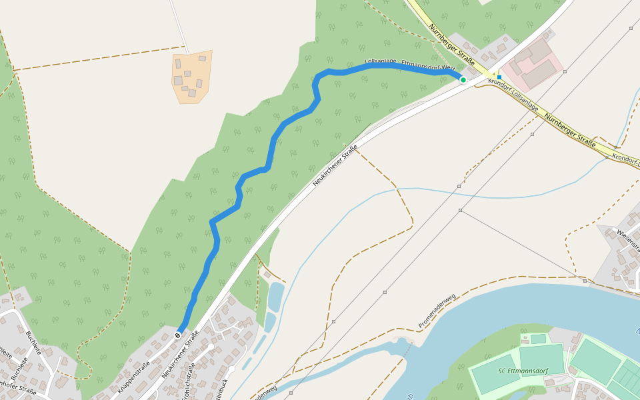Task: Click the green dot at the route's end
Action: click(x=463, y=79)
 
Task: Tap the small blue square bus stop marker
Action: click(x=499, y=77)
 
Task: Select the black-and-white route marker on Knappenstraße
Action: click(x=177, y=335)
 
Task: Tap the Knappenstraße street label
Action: click(x=133, y=377)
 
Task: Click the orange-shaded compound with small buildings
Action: click(x=192, y=77)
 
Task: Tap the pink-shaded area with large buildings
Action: click(x=531, y=67)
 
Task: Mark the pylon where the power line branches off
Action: click(x=460, y=211)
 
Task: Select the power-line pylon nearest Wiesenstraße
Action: click(x=585, y=281)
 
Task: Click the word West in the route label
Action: click(x=447, y=68)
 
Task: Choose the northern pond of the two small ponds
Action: click(x=275, y=295)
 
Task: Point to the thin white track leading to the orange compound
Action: click(x=179, y=27)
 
